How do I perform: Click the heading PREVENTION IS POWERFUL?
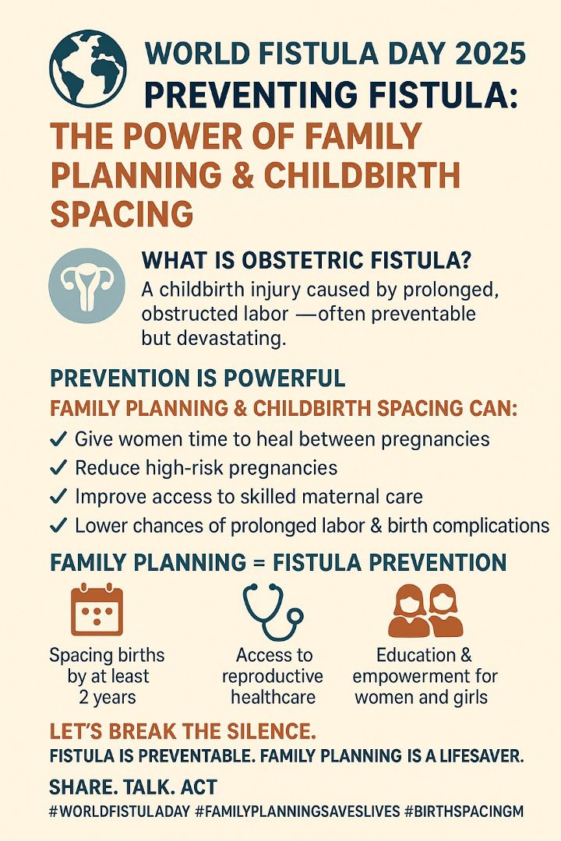point(197,378)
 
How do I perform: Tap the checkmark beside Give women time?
point(58,439)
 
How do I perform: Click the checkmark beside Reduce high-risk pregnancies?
point(58,468)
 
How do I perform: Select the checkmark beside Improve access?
point(58,497)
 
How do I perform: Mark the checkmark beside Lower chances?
point(58,526)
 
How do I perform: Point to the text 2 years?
point(107,696)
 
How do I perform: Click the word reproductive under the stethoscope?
point(272,675)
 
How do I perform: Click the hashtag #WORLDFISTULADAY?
point(118,811)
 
